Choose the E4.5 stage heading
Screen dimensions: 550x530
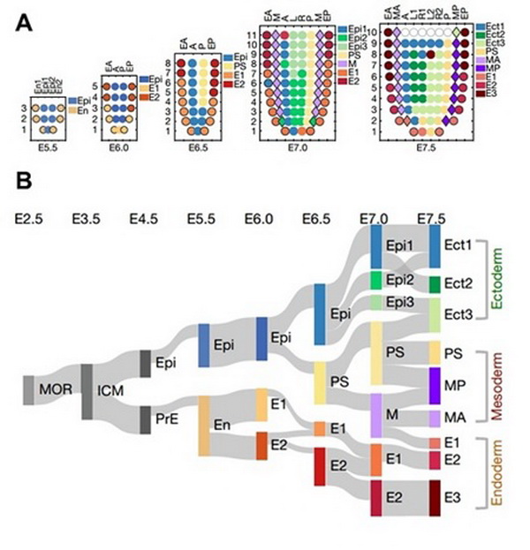click(x=142, y=215)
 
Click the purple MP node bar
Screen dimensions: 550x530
click(x=435, y=385)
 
